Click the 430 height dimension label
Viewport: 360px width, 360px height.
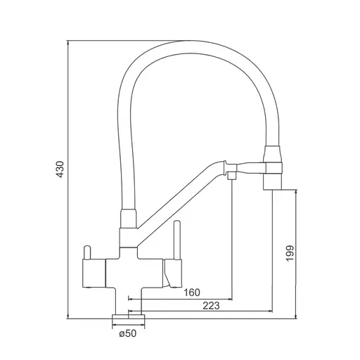tap(60, 169)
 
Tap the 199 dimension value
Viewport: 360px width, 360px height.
tap(290, 253)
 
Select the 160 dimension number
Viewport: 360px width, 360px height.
tap(192, 292)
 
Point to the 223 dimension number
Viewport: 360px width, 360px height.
tap(211, 305)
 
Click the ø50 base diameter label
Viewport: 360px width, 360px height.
tap(127, 333)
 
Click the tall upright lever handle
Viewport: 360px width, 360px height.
tap(177, 240)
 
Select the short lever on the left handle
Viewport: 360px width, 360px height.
tap(87, 252)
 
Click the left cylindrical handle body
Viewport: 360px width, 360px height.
tap(94, 274)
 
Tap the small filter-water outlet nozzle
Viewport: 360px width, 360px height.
tap(232, 175)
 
